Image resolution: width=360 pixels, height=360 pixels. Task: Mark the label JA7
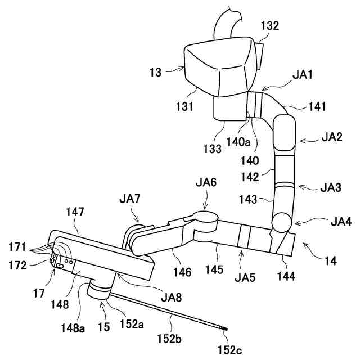pyautogui.click(x=129, y=199)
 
